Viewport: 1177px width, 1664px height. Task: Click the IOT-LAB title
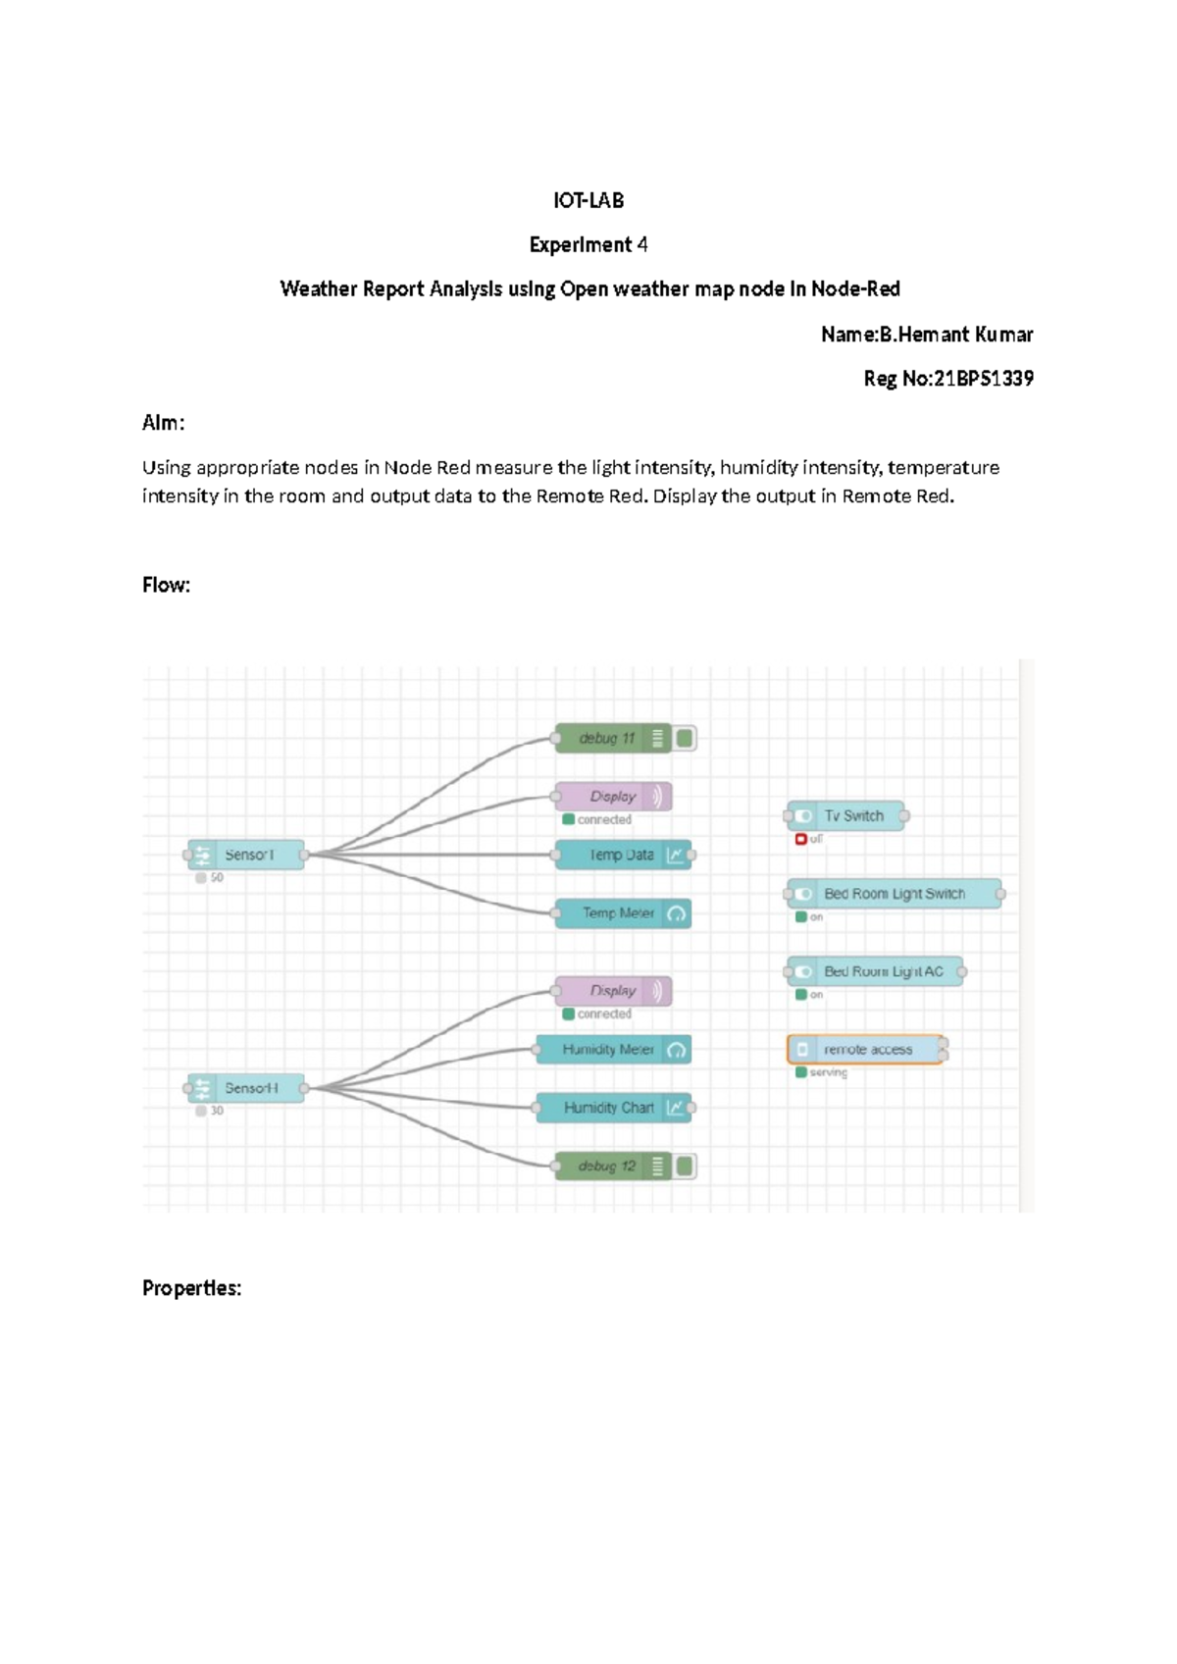coord(588,200)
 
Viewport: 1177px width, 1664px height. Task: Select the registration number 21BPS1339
coord(983,379)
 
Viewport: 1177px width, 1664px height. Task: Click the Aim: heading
coord(163,423)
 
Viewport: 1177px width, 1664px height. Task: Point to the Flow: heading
coord(166,585)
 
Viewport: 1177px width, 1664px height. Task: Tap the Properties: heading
coord(191,1288)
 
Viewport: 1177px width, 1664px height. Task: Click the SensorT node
coord(247,855)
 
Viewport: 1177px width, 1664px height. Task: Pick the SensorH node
coord(247,1088)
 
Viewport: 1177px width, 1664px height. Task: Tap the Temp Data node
coord(621,855)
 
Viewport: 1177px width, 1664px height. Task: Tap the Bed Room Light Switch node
coord(894,894)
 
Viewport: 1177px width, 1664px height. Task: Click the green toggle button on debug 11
coord(685,738)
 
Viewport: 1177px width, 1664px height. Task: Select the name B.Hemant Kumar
coord(955,335)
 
